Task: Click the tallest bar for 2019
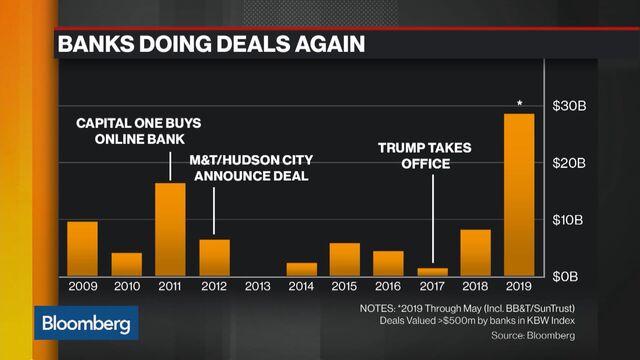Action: coord(519,195)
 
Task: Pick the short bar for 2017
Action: coord(432,271)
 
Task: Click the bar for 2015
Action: coord(345,259)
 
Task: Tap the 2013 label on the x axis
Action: coord(257,286)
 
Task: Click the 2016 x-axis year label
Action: coord(388,286)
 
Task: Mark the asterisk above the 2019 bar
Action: coord(519,102)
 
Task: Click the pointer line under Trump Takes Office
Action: coord(433,220)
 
